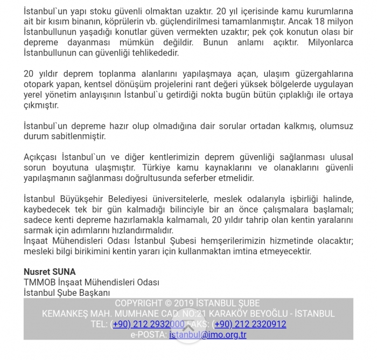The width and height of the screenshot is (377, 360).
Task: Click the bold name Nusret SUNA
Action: (50, 272)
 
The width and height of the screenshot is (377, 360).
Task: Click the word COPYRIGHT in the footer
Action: (139, 303)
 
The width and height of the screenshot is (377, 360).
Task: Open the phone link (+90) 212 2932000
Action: (148, 324)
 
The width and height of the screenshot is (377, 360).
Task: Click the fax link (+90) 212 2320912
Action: (250, 324)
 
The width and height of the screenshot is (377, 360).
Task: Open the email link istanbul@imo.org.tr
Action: (207, 335)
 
